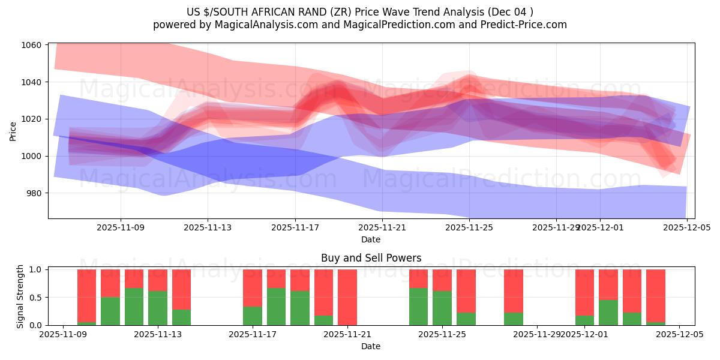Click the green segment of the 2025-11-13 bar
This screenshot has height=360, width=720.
tap(158, 308)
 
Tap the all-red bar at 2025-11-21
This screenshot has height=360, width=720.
tap(347, 297)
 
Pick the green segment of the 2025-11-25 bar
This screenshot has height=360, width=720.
tap(442, 308)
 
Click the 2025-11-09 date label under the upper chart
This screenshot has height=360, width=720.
tap(121, 228)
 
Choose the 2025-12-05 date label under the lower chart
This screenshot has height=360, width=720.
tap(679, 335)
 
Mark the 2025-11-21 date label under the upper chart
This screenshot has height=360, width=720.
tap(382, 228)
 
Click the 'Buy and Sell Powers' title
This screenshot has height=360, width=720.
tap(371, 259)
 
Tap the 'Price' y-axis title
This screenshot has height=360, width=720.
tap(13, 131)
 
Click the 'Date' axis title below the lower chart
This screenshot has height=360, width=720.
tap(371, 346)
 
